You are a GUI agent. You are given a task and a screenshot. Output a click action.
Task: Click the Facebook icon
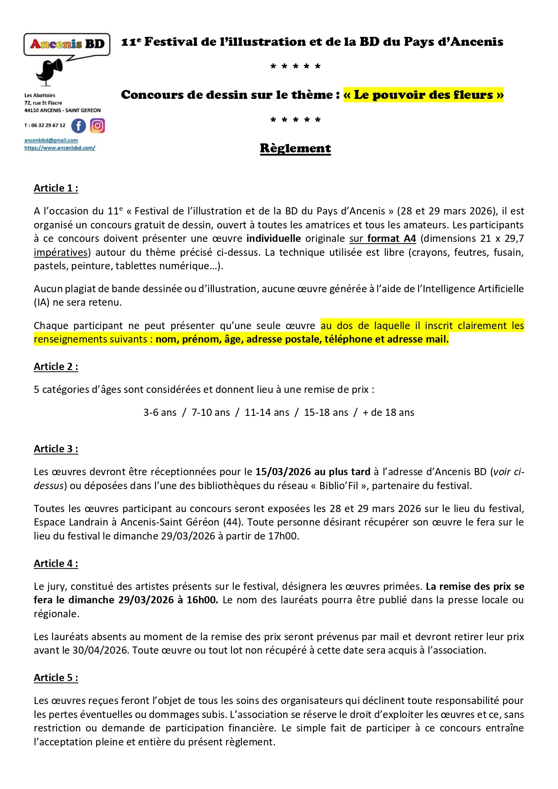click(79, 126)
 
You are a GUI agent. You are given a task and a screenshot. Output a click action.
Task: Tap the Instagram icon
click(98, 126)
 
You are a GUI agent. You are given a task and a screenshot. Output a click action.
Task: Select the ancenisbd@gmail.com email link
click(51, 140)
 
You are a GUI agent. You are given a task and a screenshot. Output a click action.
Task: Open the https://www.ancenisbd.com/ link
click(60, 148)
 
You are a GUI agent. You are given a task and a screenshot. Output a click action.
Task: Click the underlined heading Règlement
click(295, 148)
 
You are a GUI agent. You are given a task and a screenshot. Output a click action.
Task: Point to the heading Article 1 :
click(56, 188)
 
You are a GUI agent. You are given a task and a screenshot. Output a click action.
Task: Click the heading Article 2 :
click(56, 367)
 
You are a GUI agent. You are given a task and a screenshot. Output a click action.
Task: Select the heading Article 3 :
click(56, 449)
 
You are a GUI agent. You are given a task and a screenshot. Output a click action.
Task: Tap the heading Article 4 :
click(56, 564)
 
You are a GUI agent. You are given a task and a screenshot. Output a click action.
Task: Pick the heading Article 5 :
click(56, 678)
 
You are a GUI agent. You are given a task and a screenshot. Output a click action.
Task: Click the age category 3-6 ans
click(160, 413)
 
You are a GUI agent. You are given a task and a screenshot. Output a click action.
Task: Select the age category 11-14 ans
click(267, 413)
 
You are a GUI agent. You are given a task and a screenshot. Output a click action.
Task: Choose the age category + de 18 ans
click(388, 413)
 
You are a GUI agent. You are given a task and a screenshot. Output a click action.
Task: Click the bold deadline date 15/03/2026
click(283, 472)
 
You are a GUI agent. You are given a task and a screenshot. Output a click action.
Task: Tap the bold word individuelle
click(273, 239)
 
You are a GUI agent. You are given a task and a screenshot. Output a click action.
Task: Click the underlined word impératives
click(61, 253)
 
